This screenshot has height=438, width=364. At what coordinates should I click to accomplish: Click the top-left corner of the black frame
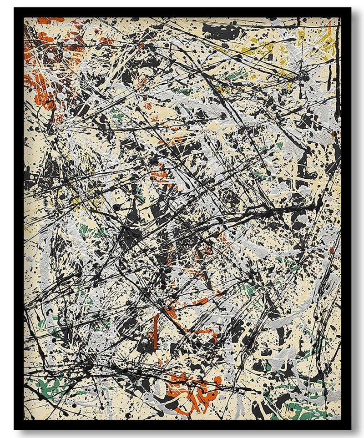pyautogui.click(x=15, y=9)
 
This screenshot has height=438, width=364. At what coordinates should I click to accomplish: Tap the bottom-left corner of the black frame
pyautogui.click(x=15, y=428)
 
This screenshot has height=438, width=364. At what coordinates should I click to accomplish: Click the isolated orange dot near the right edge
pyautogui.click(x=331, y=250)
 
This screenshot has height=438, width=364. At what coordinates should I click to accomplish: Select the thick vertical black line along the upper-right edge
pyautogui.click(x=337, y=91)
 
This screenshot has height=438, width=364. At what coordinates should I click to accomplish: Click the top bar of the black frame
pyautogui.click(x=182, y=12)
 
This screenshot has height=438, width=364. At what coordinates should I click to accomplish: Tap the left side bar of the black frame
pyautogui.click(x=19, y=218)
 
